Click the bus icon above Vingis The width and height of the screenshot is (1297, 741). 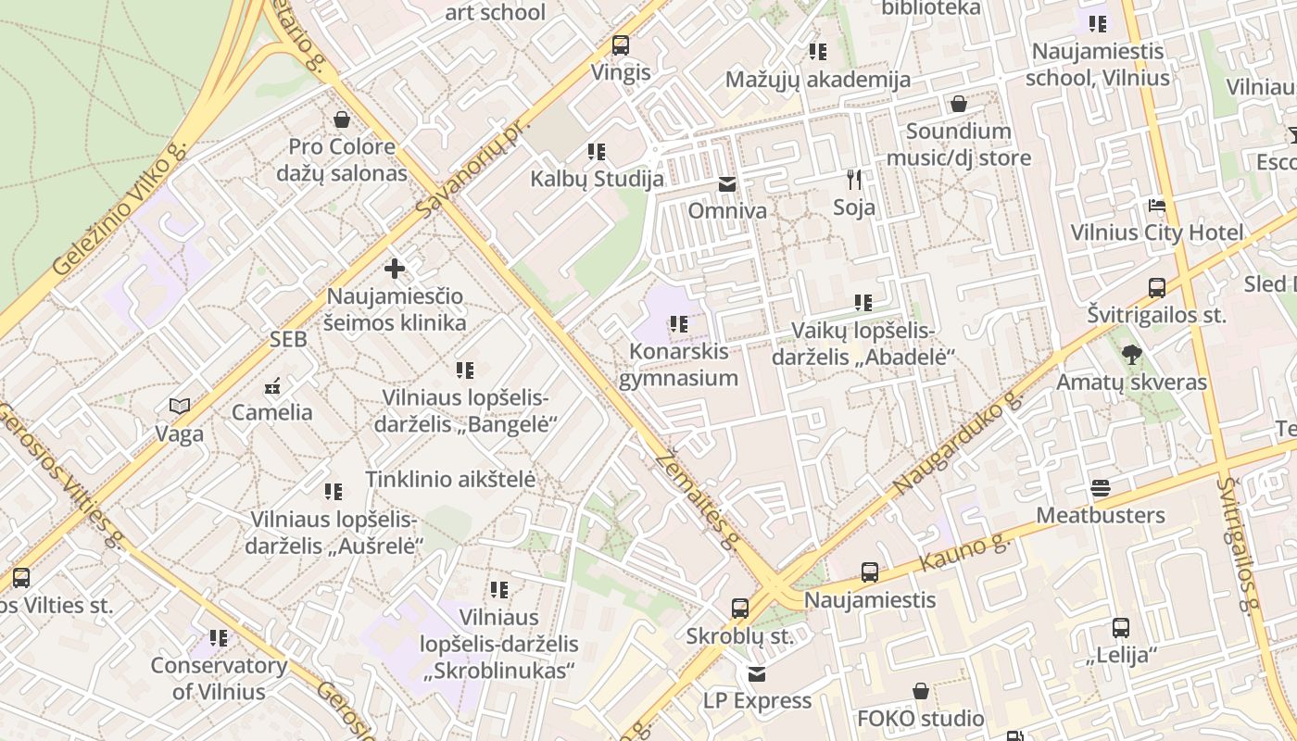point(621,44)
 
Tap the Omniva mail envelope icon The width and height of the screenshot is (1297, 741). point(727,184)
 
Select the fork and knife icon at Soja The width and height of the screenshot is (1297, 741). point(854,180)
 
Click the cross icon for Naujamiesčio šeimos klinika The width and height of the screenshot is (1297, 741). point(395,269)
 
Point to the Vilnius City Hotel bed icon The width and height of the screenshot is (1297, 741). point(1156,206)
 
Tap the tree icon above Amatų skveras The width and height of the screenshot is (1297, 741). point(1131,354)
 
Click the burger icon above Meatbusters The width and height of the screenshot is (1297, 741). point(1101,487)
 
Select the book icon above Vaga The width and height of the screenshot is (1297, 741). point(180,406)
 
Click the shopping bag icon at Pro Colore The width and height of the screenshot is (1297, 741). point(342,119)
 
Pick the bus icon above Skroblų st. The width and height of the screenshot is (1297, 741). point(739,609)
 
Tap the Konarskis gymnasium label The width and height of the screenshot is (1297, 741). point(678,365)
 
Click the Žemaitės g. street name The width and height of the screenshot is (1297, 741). point(695,500)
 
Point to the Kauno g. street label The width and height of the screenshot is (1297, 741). point(966,554)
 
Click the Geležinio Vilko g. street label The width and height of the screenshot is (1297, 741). point(120,211)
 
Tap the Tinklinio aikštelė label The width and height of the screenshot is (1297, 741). point(450,480)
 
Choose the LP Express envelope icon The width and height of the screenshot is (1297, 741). point(757,673)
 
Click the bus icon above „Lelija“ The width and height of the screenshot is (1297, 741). point(1121,628)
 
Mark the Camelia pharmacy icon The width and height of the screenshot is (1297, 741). point(272,385)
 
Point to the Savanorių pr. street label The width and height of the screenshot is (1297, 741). point(472,169)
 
